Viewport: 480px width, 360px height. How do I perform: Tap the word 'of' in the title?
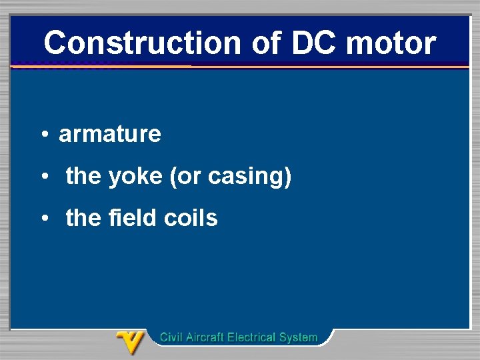coord(269,43)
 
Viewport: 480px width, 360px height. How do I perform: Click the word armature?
coord(110,134)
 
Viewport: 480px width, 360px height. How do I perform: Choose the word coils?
coord(195,218)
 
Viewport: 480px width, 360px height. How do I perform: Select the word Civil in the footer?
coord(171,337)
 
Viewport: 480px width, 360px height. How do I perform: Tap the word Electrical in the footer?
coord(253,337)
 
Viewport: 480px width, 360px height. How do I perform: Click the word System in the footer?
coord(299,337)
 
